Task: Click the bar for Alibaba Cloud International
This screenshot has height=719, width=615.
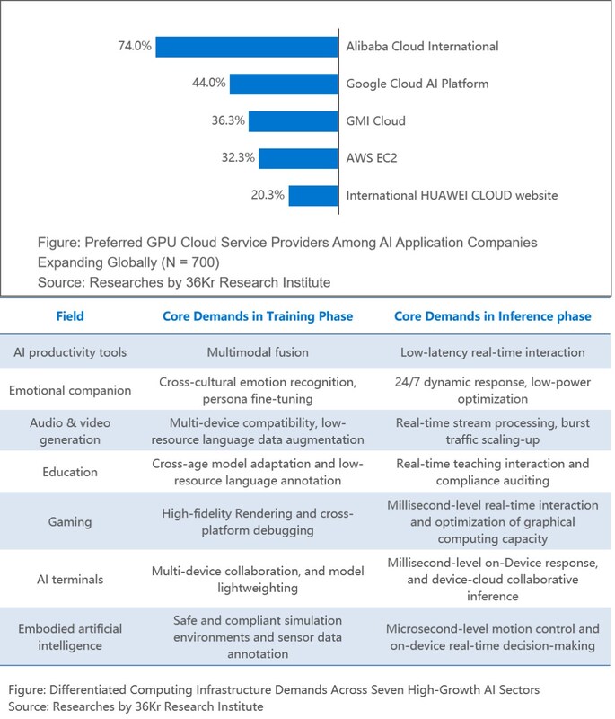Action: click(x=247, y=46)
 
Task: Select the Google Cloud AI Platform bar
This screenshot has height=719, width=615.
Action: click(x=284, y=84)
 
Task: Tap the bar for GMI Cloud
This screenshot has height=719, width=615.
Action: click(x=293, y=121)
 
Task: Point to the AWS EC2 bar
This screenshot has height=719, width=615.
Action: click(x=298, y=158)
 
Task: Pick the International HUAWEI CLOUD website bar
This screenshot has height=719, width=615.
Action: click(x=312, y=195)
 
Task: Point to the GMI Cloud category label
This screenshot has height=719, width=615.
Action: click(x=376, y=121)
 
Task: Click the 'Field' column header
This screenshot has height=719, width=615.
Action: click(x=70, y=316)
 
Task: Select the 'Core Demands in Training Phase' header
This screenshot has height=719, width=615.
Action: click(x=257, y=316)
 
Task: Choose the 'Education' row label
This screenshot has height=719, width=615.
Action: click(x=70, y=473)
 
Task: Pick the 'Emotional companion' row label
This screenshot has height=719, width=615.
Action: click(x=70, y=391)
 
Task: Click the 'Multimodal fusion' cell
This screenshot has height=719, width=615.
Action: click(x=257, y=352)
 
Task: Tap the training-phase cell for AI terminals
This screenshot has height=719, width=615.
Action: click(x=257, y=580)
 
